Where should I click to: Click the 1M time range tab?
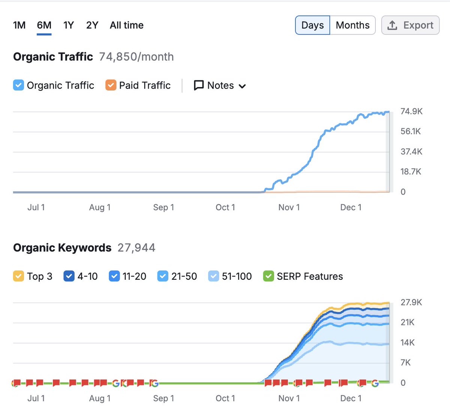(x=19, y=25)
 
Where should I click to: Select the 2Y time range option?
(x=92, y=25)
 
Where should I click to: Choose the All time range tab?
(x=126, y=25)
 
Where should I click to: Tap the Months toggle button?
(x=352, y=25)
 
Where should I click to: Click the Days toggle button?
(x=312, y=25)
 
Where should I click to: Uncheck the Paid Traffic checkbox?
(x=111, y=85)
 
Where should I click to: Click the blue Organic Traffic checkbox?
(x=18, y=85)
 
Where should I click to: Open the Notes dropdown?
(x=220, y=86)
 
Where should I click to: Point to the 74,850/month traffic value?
(x=136, y=57)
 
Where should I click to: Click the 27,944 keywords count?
(x=136, y=248)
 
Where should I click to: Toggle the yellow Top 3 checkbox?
(x=18, y=276)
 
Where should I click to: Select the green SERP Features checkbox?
(x=268, y=276)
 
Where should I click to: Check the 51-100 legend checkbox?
(x=213, y=276)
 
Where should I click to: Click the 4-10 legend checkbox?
(x=69, y=276)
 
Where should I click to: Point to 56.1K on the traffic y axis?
(x=411, y=131)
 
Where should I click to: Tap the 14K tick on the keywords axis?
(x=408, y=343)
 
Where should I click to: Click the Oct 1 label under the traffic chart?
(x=225, y=207)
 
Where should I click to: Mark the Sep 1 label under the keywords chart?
(x=163, y=398)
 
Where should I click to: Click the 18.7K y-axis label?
(x=411, y=172)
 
